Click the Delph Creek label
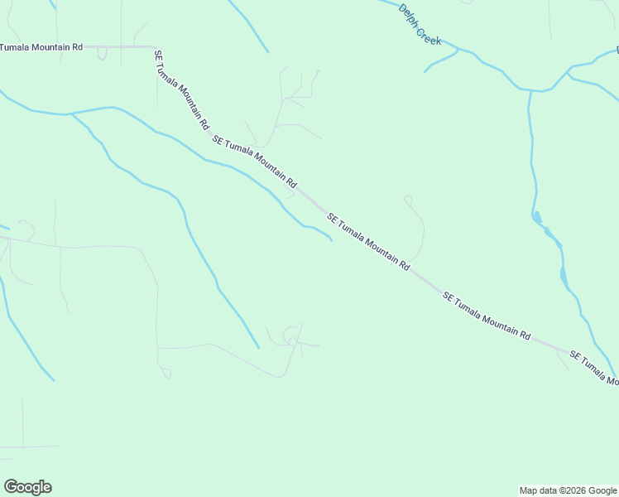click(x=420, y=25)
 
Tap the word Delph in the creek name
click(x=410, y=15)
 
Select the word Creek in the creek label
click(x=429, y=34)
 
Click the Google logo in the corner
click(x=27, y=487)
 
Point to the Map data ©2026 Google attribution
click(x=568, y=490)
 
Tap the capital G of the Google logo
click(x=11, y=487)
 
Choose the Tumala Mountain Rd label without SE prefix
click(x=41, y=47)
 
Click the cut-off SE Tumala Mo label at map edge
click(x=594, y=368)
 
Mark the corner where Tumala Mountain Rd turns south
click(x=155, y=47)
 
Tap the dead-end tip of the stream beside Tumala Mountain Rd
click(x=332, y=241)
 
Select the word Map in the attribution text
click(x=528, y=490)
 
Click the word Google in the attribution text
click(x=603, y=490)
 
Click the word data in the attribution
click(x=547, y=490)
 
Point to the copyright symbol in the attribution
click(x=562, y=490)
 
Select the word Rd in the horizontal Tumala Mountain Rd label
click(x=77, y=47)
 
